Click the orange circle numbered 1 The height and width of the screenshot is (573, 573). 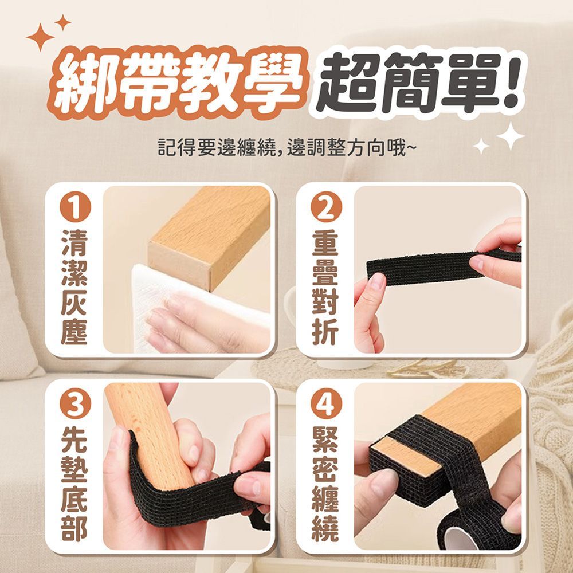tap(75, 207)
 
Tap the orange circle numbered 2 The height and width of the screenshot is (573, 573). tap(327, 207)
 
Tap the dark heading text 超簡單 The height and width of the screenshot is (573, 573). tap(408, 82)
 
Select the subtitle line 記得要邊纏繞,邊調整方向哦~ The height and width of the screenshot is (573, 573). tap(286, 147)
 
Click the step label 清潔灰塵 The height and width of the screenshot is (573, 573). tap(74, 287)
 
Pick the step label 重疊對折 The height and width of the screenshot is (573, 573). tap(326, 287)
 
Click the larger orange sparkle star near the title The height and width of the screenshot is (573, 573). tap(40, 37)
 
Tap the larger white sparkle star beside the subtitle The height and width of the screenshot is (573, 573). tap(511, 136)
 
